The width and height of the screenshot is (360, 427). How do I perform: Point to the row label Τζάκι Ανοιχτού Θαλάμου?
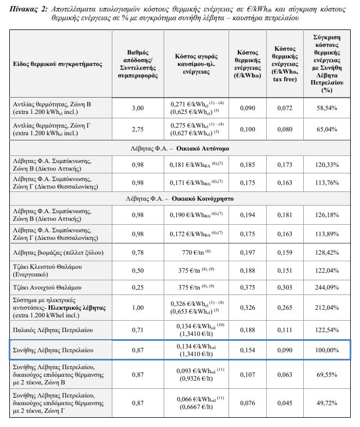click(x=47, y=287)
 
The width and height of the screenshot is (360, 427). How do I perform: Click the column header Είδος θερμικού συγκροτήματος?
click(x=58, y=64)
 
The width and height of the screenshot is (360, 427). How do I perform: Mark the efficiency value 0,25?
click(x=139, y=287)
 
